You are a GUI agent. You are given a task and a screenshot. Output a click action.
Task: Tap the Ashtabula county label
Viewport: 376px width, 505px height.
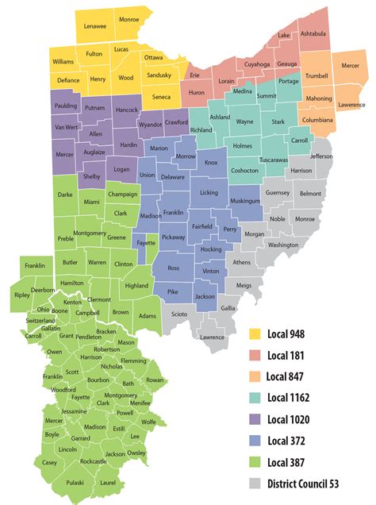pos(313,33)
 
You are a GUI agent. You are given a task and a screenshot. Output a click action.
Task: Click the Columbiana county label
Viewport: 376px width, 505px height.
pos(317,120)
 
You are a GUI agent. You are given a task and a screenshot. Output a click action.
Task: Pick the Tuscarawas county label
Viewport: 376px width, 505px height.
pos(273,160)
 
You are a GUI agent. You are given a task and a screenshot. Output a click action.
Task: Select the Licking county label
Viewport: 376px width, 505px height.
pos(209,193)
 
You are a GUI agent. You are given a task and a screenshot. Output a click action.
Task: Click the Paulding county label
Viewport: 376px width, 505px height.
pos(66,106)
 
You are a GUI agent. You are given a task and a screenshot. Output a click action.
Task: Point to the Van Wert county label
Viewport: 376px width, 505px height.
pos(66,126)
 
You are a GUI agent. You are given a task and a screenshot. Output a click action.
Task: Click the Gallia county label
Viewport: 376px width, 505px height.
pos(228,308)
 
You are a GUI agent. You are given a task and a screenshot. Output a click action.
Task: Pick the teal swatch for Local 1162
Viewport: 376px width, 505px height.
pos(255,397)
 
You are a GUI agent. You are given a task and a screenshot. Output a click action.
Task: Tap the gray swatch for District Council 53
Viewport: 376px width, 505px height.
pos(255,482)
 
